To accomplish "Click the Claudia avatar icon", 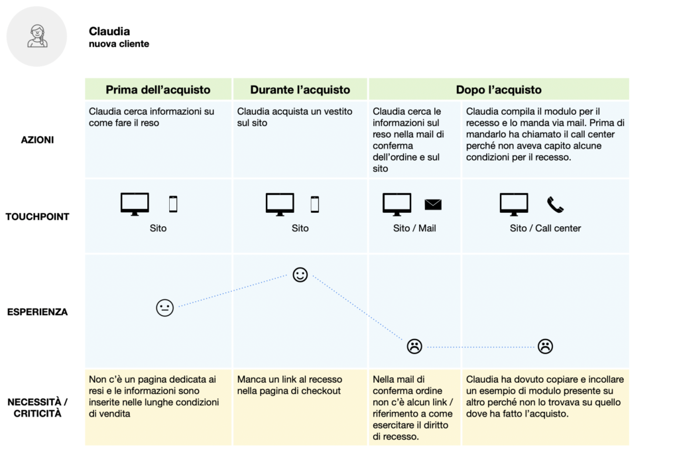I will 37,36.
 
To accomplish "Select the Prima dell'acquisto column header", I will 158,90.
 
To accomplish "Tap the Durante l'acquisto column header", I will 300,90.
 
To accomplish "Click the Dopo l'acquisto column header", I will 498,90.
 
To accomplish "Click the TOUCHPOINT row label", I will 37,217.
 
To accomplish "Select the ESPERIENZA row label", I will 38,312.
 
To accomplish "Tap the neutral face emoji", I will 164,308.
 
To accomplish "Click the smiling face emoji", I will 300,275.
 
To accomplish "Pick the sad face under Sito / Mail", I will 414,346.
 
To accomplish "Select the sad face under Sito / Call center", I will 545,346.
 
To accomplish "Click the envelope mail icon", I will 433,204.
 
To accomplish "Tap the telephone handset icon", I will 555,204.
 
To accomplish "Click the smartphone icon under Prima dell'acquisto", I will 173,204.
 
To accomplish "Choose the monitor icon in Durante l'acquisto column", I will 280,204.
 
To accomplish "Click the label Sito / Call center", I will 545,228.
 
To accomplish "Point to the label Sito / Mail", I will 414,228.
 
